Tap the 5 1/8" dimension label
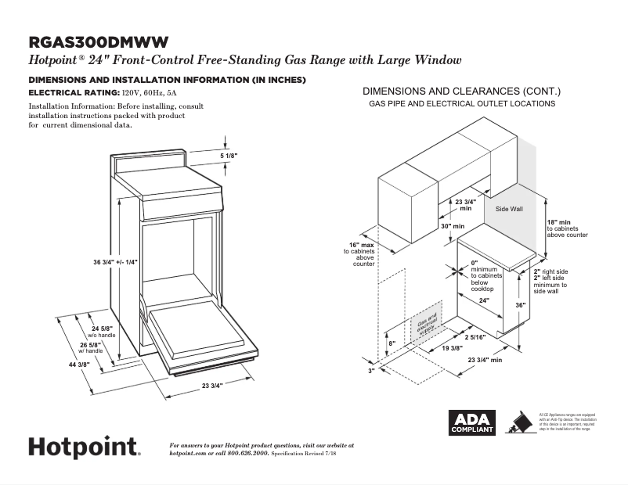click(228, 156)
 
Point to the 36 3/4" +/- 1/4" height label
click(115, 261)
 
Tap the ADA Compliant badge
click(471, 423)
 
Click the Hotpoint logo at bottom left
click(85, 447)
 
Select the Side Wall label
click(509, 210)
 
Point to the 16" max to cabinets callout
click(363, 255)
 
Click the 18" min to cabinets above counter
click(565, 228)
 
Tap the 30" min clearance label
click(453, 226)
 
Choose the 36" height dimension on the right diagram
click(520, 305)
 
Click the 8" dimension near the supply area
click(392, 343)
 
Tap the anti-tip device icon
click(517, 423)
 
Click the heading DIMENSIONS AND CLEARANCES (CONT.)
click(461, 90)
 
